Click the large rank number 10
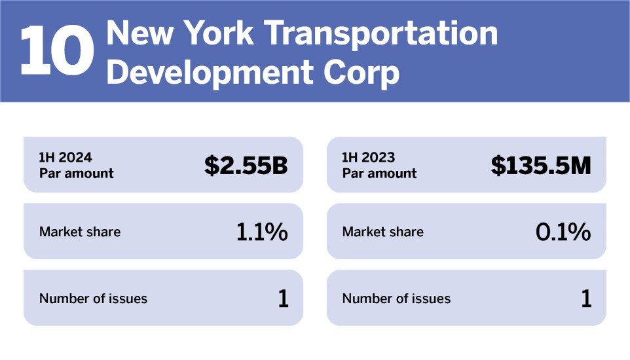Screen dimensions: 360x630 [56, 51]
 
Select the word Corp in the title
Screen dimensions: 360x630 [363, 73]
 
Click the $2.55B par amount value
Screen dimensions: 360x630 [246, 166]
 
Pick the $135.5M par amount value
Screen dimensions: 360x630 [541, 166]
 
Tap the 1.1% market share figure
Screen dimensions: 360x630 [262, 232]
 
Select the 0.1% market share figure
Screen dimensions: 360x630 [563, 232]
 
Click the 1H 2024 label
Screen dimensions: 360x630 [65, 157]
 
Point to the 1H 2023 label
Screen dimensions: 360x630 [369, 157]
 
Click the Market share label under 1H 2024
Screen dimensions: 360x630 [80, 232]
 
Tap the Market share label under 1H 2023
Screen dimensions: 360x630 [383, 232]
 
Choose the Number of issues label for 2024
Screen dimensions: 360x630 [93, 298]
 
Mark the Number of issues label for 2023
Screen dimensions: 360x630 [396, 298]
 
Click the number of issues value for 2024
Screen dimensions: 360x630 [283, 298]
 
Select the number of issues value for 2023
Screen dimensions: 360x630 [586, 298]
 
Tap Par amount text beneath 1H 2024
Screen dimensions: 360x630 [76, 173]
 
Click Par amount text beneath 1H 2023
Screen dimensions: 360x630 [379, 173]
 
